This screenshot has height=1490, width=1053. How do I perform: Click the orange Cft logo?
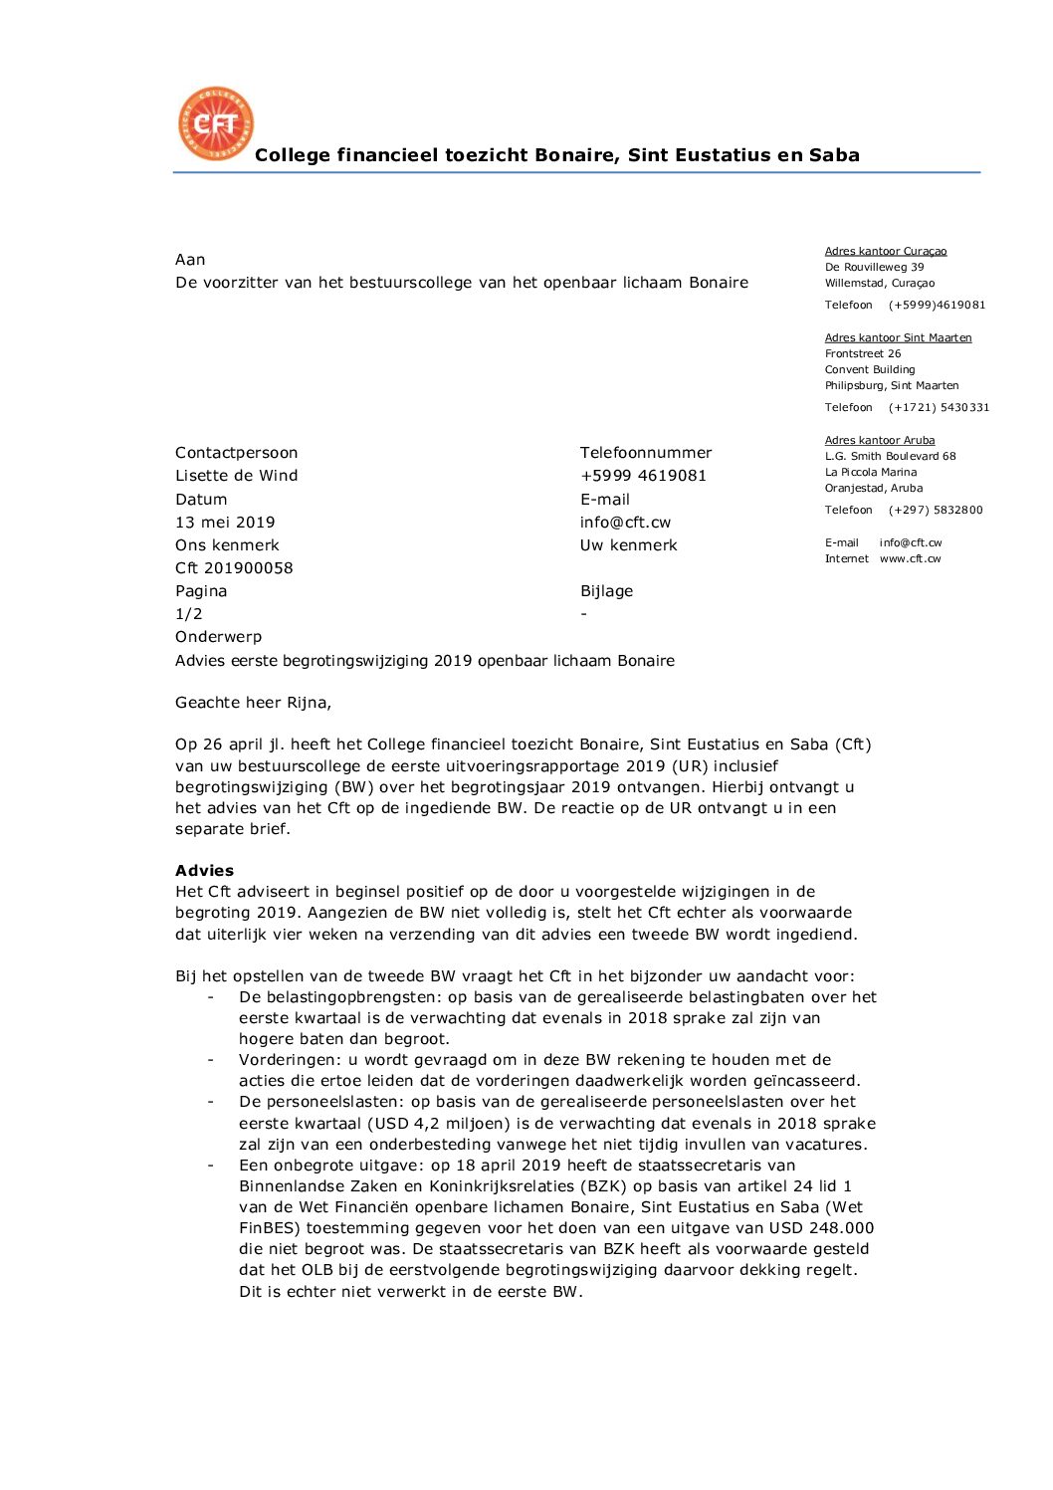(x=215, y=123)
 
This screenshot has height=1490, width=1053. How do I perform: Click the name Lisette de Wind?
(x=236, y=476)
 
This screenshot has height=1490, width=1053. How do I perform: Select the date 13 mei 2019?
(x=225, y=523)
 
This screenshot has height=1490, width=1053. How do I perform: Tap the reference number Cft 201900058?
(x=234, y=568)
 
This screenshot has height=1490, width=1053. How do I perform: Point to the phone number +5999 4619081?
(x=643, y=476)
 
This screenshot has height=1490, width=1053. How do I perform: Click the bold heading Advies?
(x=204, y=871)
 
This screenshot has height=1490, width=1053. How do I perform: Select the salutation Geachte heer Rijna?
(x=253, y=703)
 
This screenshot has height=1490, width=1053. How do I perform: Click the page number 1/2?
(x=189, y=614)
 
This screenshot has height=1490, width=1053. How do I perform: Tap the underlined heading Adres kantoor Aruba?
(x=880, y=440)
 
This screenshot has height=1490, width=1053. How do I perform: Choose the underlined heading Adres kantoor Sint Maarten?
(x=898, y=337)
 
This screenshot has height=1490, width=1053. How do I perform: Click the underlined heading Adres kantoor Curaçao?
(x=886, y=251)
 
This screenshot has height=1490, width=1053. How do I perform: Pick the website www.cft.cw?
(x=910, y=558)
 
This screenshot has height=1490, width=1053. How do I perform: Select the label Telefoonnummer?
(x=646, y=453)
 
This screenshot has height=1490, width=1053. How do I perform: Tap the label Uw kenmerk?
(x=628, y=545)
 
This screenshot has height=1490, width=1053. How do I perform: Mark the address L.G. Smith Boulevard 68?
(x=890, y=456)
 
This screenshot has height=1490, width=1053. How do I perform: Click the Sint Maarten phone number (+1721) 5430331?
(x=939, y=407)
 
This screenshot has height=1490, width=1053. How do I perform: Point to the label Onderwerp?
(x=218, y=637)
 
